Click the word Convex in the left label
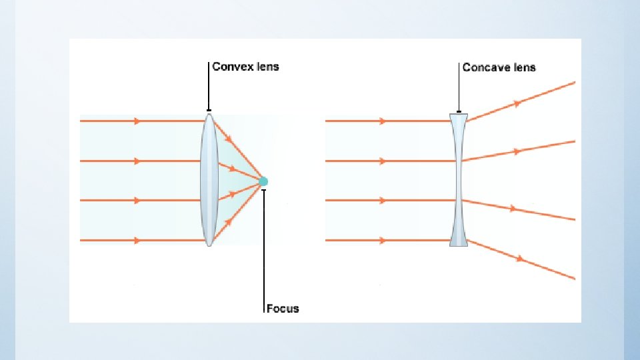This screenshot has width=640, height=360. coord(230,67)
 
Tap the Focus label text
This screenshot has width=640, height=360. coord(283,309)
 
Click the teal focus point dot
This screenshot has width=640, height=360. coord(263,181)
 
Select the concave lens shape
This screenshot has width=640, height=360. coord(459,180)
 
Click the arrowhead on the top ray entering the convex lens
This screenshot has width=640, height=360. coord(137,121)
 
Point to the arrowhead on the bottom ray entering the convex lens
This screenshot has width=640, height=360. coord(137,240)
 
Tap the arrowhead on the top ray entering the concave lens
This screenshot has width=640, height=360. coord(382,121)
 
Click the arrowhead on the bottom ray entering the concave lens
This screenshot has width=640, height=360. coord(382,240)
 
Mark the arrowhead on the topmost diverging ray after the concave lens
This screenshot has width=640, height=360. coord(516,103)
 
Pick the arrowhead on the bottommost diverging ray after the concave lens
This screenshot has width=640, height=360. coord(520,258)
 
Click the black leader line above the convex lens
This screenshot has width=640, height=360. coord(209,87)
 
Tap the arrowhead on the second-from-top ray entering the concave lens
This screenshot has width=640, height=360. coord(382,161)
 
